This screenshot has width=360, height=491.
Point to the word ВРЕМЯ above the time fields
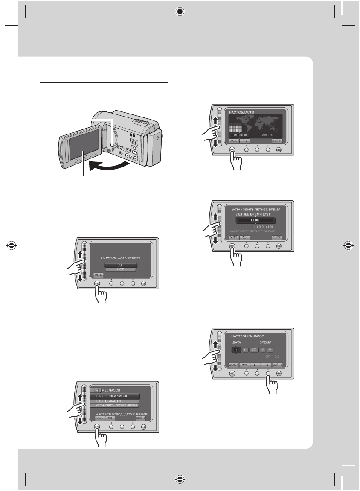[x=267, y=342]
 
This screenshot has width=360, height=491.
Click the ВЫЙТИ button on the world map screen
[x=278, y=140]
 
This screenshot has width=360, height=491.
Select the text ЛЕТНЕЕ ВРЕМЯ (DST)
[x=255, y=214]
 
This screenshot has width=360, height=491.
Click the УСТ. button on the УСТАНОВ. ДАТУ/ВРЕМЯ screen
[x=98, y=275]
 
